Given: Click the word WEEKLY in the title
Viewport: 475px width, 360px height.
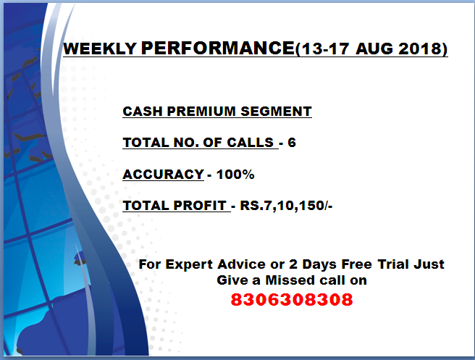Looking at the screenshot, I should pyautogui.click(x=101, y=49).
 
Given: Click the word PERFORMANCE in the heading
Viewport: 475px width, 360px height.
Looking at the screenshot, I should pyautogui.click(x=217, y=49).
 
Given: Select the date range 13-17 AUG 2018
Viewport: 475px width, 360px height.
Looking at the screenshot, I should pyautogui.click(x=372, y=49).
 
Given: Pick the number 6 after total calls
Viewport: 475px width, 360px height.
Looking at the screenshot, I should pyautogui.click(x=292, y=143).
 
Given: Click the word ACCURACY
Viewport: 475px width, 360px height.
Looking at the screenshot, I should pyautogui.click(x=163, y=175).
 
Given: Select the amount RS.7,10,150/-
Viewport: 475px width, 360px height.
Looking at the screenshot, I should pyautogui.click(x=287, y=206).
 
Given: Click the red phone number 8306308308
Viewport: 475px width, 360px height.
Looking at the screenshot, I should pyautogui.click(x=292, y=299).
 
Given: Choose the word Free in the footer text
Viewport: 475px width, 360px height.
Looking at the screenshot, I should pyautogui.click(x=357, y=264).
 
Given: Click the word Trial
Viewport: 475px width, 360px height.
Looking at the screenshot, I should pyautogui.click(x=397, y=264).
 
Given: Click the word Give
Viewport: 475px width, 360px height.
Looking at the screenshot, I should pyautogui.click(x=232, y=280).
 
